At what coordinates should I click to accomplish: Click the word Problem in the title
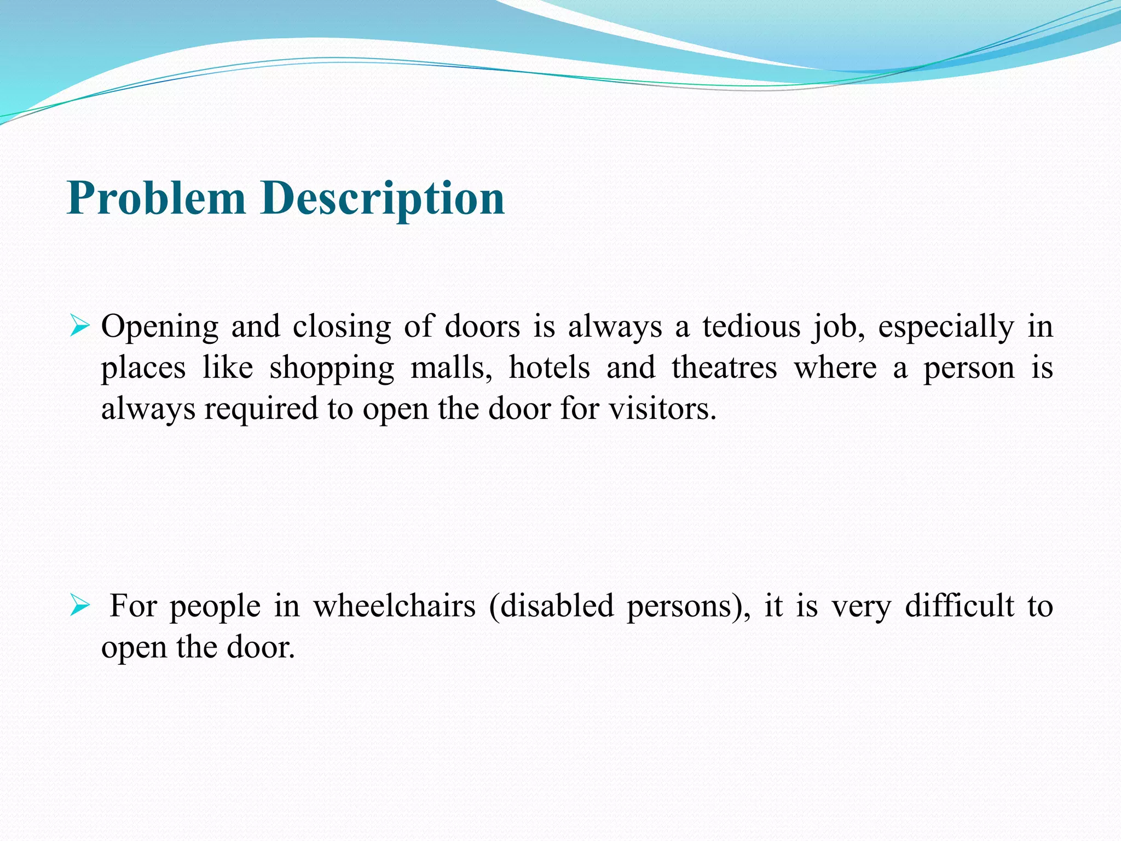tap(156, 198)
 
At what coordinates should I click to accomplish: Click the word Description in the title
tap(383, 198)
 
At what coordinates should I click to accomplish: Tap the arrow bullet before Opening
tap(80, 327)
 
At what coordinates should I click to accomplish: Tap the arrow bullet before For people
tap(80, 607)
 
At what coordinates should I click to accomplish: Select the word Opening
tap(160, 327)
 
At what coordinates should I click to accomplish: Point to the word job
tap(837, 327)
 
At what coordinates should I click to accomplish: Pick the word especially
tap(946, 327)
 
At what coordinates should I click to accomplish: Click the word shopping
tap(332, 368)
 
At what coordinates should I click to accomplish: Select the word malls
tap(450, 368)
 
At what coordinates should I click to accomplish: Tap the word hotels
tap(549, 368)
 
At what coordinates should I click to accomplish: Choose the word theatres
tap(724, 368)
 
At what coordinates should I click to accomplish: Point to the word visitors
tap(662, 409)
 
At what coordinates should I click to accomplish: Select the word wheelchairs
tap(394, 607)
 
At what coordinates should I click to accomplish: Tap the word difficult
tap(959, 607)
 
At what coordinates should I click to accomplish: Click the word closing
tap(342, 327)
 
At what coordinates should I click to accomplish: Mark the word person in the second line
tap(969, 368)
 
